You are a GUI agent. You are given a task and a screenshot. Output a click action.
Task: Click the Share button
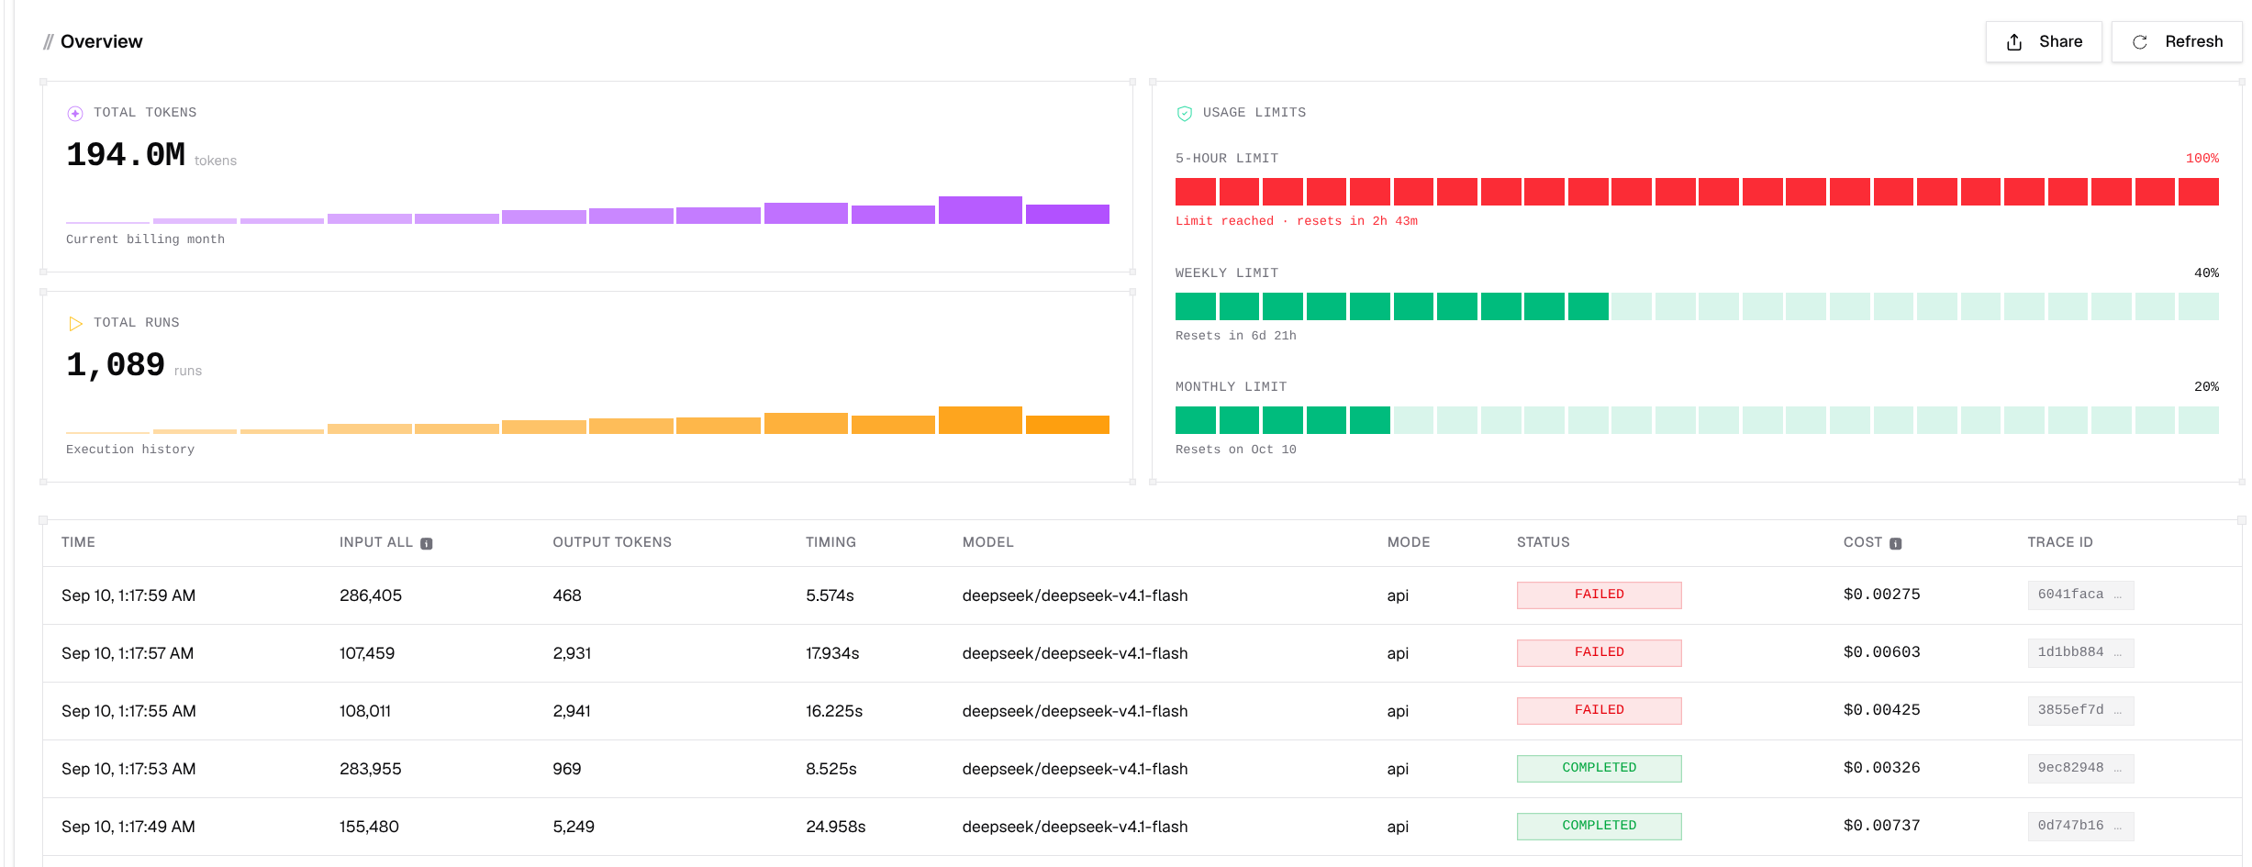(2044, 42)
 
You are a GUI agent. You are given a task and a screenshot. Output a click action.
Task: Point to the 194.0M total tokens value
(126, 155)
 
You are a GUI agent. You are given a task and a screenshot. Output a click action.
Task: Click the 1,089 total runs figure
(116, 365)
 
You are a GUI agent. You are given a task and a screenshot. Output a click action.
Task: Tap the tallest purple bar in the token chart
(980, 210)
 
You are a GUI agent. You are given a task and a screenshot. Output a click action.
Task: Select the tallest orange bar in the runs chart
(980, 420)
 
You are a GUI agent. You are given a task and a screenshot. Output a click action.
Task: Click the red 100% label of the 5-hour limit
(2202, 159)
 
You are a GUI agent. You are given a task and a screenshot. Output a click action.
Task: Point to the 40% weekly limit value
(2206, 273)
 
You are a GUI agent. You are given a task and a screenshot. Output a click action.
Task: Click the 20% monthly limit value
(2206, 387)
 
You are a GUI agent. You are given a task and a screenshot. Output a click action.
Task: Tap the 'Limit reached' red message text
(1225, 221)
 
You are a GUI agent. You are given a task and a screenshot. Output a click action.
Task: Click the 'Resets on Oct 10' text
(1236, 450)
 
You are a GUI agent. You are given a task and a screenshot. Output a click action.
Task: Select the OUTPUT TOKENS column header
(612, 542)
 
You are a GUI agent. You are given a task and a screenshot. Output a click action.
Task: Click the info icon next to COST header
(1896, 544)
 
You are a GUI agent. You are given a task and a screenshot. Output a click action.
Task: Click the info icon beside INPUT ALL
(427, 544)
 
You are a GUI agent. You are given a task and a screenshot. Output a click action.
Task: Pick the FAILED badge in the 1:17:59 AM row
(1600, 595)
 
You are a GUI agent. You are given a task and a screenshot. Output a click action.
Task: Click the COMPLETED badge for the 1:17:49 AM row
(1600, 827)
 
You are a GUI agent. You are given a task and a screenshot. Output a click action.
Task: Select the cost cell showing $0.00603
(1882, 652)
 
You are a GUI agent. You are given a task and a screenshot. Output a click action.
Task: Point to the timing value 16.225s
(834, 711)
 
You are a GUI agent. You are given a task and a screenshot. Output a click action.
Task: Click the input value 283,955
(371, 769)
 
